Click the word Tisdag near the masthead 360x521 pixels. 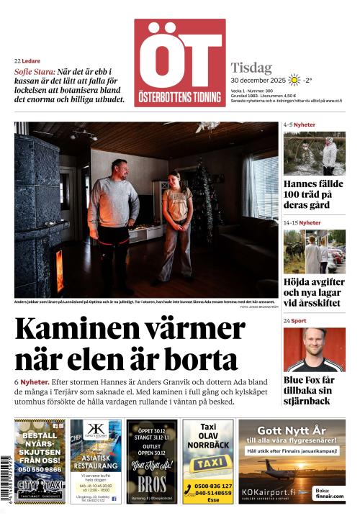click(x=251, y=68)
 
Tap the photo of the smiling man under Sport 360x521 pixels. click(x=314, y=349)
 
